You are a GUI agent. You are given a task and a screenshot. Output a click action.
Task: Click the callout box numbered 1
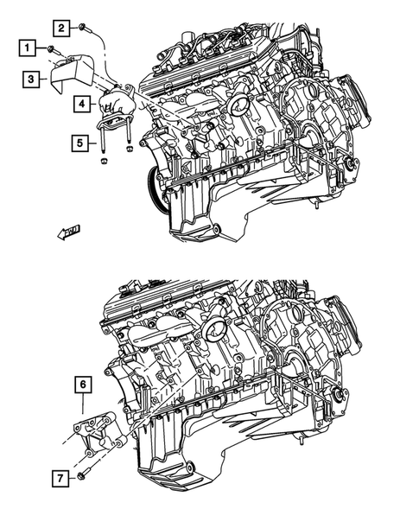[x=29, y=47]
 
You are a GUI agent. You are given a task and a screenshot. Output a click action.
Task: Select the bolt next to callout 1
[x=51, y=48]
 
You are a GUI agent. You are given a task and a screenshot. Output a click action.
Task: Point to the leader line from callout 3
[x=44, y=80]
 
